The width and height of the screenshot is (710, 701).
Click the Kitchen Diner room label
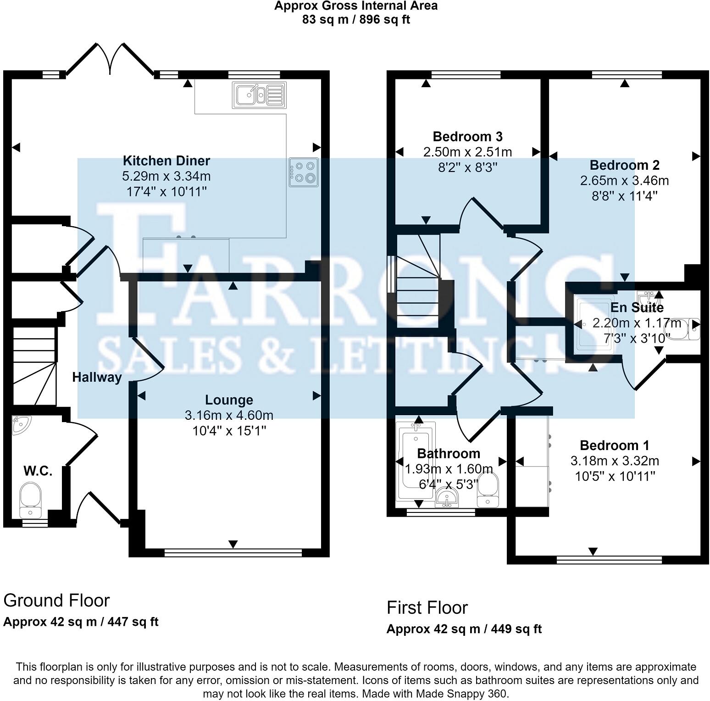coord(166,161)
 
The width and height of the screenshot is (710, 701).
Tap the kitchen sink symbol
coord(259,95)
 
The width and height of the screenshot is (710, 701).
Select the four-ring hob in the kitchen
coord(304,172)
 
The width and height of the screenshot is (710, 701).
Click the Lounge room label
coord(229,400)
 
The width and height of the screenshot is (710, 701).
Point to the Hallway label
coord(97,378)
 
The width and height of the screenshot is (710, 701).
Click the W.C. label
coord(38,471)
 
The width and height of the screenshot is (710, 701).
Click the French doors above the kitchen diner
coord(110,60)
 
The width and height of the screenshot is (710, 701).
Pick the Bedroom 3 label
coord(467,137)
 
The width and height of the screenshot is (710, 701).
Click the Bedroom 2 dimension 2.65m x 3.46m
coord(624,181)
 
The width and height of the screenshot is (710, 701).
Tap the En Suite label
coord(637,307)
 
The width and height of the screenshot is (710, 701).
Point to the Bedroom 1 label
coord(614,445)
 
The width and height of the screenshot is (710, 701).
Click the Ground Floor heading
coord(56,601)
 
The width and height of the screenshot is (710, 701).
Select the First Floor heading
coord(427,608)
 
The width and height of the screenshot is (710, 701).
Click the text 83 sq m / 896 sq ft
coord(356,20)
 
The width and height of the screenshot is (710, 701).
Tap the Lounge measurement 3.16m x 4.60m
coord(229,416)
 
